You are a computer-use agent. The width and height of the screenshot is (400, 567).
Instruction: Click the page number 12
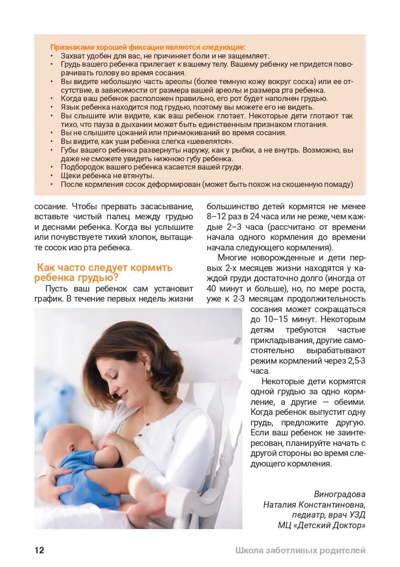point(39,550)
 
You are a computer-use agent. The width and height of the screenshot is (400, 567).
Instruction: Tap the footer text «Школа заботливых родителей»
point(300,551)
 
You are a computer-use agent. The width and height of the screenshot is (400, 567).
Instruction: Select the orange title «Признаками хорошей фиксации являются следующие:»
point(147,47)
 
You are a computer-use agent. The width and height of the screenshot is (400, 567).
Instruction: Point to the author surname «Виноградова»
point(340,494)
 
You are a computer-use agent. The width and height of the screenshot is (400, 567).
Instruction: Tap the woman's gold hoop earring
point(149,374)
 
